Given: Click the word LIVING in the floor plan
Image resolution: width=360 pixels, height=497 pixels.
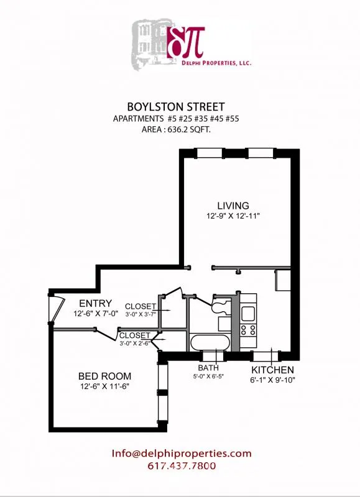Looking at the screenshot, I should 233,206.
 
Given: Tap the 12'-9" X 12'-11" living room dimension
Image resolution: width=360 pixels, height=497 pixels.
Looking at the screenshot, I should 233,216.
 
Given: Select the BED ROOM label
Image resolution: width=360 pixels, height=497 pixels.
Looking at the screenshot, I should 104,376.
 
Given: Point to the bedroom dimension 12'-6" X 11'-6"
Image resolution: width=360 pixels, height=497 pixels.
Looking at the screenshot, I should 104,387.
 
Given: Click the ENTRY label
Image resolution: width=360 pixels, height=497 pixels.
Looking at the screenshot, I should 91,303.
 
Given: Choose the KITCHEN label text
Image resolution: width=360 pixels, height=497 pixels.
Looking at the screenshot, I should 272,370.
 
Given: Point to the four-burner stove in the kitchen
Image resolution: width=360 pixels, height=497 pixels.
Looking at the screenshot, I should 249,331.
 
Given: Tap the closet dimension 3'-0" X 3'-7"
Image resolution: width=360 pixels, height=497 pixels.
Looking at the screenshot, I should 142,314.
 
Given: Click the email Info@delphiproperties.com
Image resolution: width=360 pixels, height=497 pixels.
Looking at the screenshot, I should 182,454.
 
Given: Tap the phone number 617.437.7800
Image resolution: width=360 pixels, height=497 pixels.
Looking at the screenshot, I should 182,466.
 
